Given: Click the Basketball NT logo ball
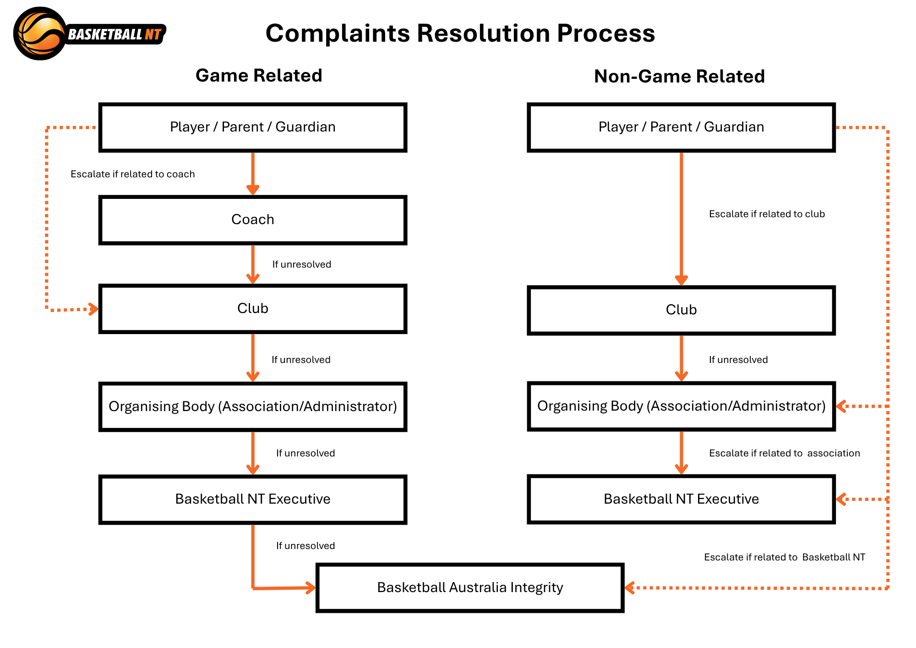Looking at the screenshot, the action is [x=40, y=33].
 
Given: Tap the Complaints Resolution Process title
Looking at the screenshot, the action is [x=460, y=33].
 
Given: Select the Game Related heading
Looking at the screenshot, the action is [x=259, y=76].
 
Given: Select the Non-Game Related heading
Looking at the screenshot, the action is [x=679, y=77].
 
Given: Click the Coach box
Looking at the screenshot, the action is [x=253, y=220].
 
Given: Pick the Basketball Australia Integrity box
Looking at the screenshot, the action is [x=470, y=588].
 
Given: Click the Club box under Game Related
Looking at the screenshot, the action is [x=253, y=309].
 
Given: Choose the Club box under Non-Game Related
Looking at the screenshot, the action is [x=682, y=310].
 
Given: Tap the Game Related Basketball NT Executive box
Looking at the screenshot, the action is [x=253, y=500].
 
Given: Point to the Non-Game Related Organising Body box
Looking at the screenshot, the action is [x=682, y=406].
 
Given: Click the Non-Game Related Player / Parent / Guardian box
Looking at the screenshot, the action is [x=682, y=127].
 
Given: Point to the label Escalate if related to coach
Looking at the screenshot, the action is [x=133, y=174].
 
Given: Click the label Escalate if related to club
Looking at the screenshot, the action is [x=767, y=214].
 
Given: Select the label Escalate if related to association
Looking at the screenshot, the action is [x=785, y=453].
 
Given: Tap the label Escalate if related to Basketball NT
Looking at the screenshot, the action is [x=785, y=557].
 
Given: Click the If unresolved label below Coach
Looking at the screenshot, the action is [x=301, y=264].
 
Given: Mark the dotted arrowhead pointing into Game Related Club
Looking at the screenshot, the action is [x=93, y=309].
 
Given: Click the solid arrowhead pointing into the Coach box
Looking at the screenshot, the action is [x=253, y=190].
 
